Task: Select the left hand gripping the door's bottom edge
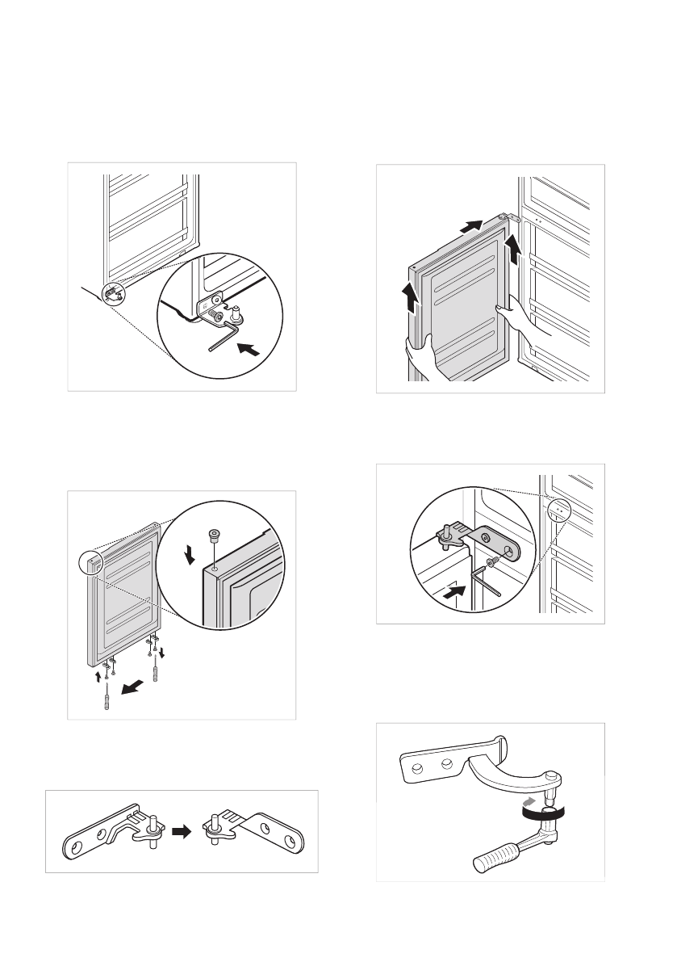pyautogui.click(x=421, y=355)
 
